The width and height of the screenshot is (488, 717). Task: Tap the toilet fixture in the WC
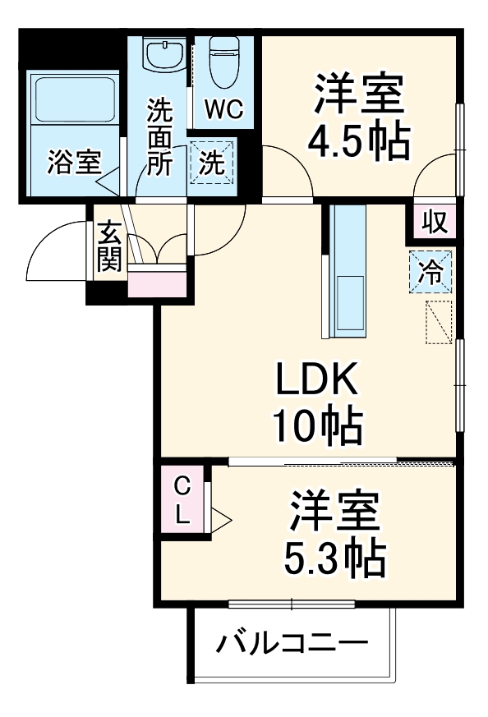point(223,63)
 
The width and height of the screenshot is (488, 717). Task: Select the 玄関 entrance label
point(108,247)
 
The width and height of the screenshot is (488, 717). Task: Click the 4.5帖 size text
point(358,142)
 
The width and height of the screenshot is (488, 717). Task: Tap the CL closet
point(182,500)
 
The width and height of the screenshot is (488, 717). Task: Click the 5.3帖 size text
point(334,559)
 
